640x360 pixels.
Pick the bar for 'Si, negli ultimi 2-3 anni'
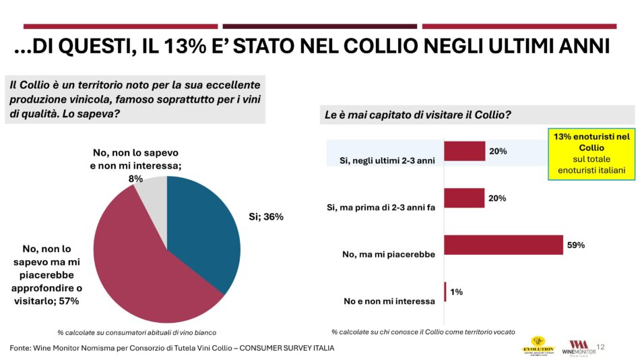pyautogui.click(x=465, y=151)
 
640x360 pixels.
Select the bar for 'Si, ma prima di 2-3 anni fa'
pyautogui.click(x=465, y=198)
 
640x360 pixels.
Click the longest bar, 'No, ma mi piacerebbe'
pyautogui.click(x=504, y=245)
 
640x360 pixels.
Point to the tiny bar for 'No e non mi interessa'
pyautogui.click(x=445, y=292)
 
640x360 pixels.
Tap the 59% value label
pyautogui.click(x=575, y=245)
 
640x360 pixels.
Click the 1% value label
pyautogui.click(x=457, y=292)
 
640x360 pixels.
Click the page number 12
pyautogui.click(x=601, y=347)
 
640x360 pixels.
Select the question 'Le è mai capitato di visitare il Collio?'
pyautogui.click(x=417, y=115)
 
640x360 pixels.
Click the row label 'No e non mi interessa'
pyautogui.click(x=389, y=301)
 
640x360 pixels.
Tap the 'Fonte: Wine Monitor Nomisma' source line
pyautogui.click(x=172, y=348)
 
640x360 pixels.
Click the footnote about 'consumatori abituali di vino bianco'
pyautogui.click(x=137, y=332)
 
